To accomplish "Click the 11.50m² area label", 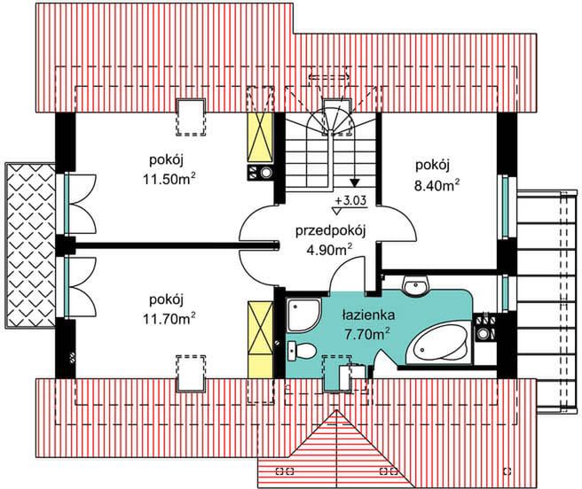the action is point(169,180).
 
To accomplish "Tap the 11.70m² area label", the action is point(169,318).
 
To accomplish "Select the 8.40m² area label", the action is point(435,184).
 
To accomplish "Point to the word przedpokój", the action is point(331,231).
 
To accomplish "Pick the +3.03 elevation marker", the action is point(350,200).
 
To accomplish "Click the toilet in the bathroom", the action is point(302,350).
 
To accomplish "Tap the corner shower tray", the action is point(303,315).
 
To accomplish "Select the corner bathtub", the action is point(439,344).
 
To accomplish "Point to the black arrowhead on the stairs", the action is point(355,182).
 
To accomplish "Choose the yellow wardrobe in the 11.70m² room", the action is point(260,339).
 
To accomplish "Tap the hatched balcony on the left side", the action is point(30,245).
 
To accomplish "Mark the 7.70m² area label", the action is point(367,335).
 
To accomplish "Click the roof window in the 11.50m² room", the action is point(192,117).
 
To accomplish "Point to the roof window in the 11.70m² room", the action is point(192,373).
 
